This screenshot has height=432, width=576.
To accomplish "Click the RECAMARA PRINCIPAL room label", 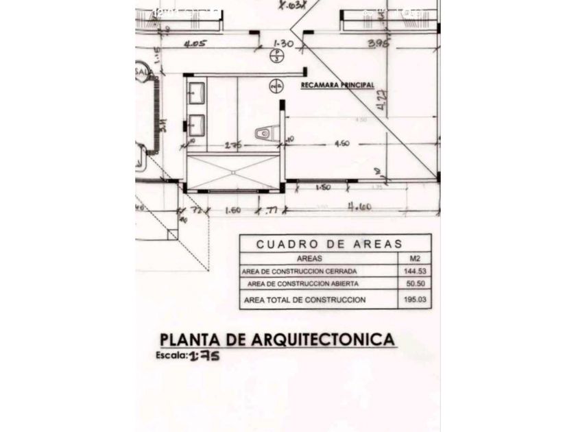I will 337,86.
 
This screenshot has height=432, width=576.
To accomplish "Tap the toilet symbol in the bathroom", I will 266,133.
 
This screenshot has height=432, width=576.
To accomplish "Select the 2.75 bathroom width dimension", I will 234,145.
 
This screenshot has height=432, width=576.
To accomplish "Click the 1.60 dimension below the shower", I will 232,210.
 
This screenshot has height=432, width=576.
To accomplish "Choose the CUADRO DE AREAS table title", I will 329,244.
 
